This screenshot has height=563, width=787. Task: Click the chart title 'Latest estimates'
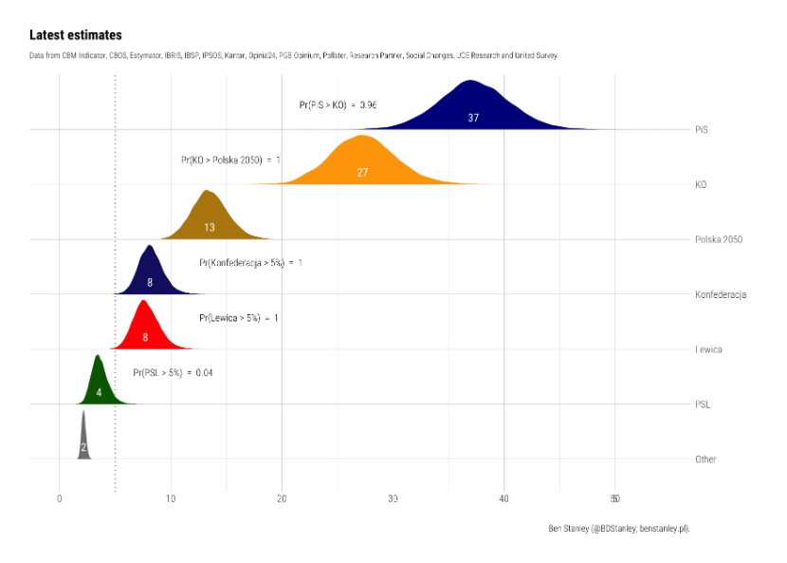(x=75, y=35)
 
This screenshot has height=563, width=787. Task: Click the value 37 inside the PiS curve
(x=473, y=118)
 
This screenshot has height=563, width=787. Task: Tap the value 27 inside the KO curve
(x=362, y=173)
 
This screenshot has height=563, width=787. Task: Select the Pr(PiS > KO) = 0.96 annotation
(x=338, y=104)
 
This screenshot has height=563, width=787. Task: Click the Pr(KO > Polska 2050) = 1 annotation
(x=230, y=160)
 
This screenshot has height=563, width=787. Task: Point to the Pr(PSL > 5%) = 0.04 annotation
(x=173, y=373)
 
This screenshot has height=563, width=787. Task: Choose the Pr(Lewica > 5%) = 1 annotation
(x=238, y=318)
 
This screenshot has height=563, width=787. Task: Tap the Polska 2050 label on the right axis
(x=719, y=239)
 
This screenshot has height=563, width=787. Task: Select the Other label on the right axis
(x=705, y=460)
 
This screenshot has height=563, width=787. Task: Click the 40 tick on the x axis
(x=504, y=498)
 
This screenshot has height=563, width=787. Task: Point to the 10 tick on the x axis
(x=171, y=498)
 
